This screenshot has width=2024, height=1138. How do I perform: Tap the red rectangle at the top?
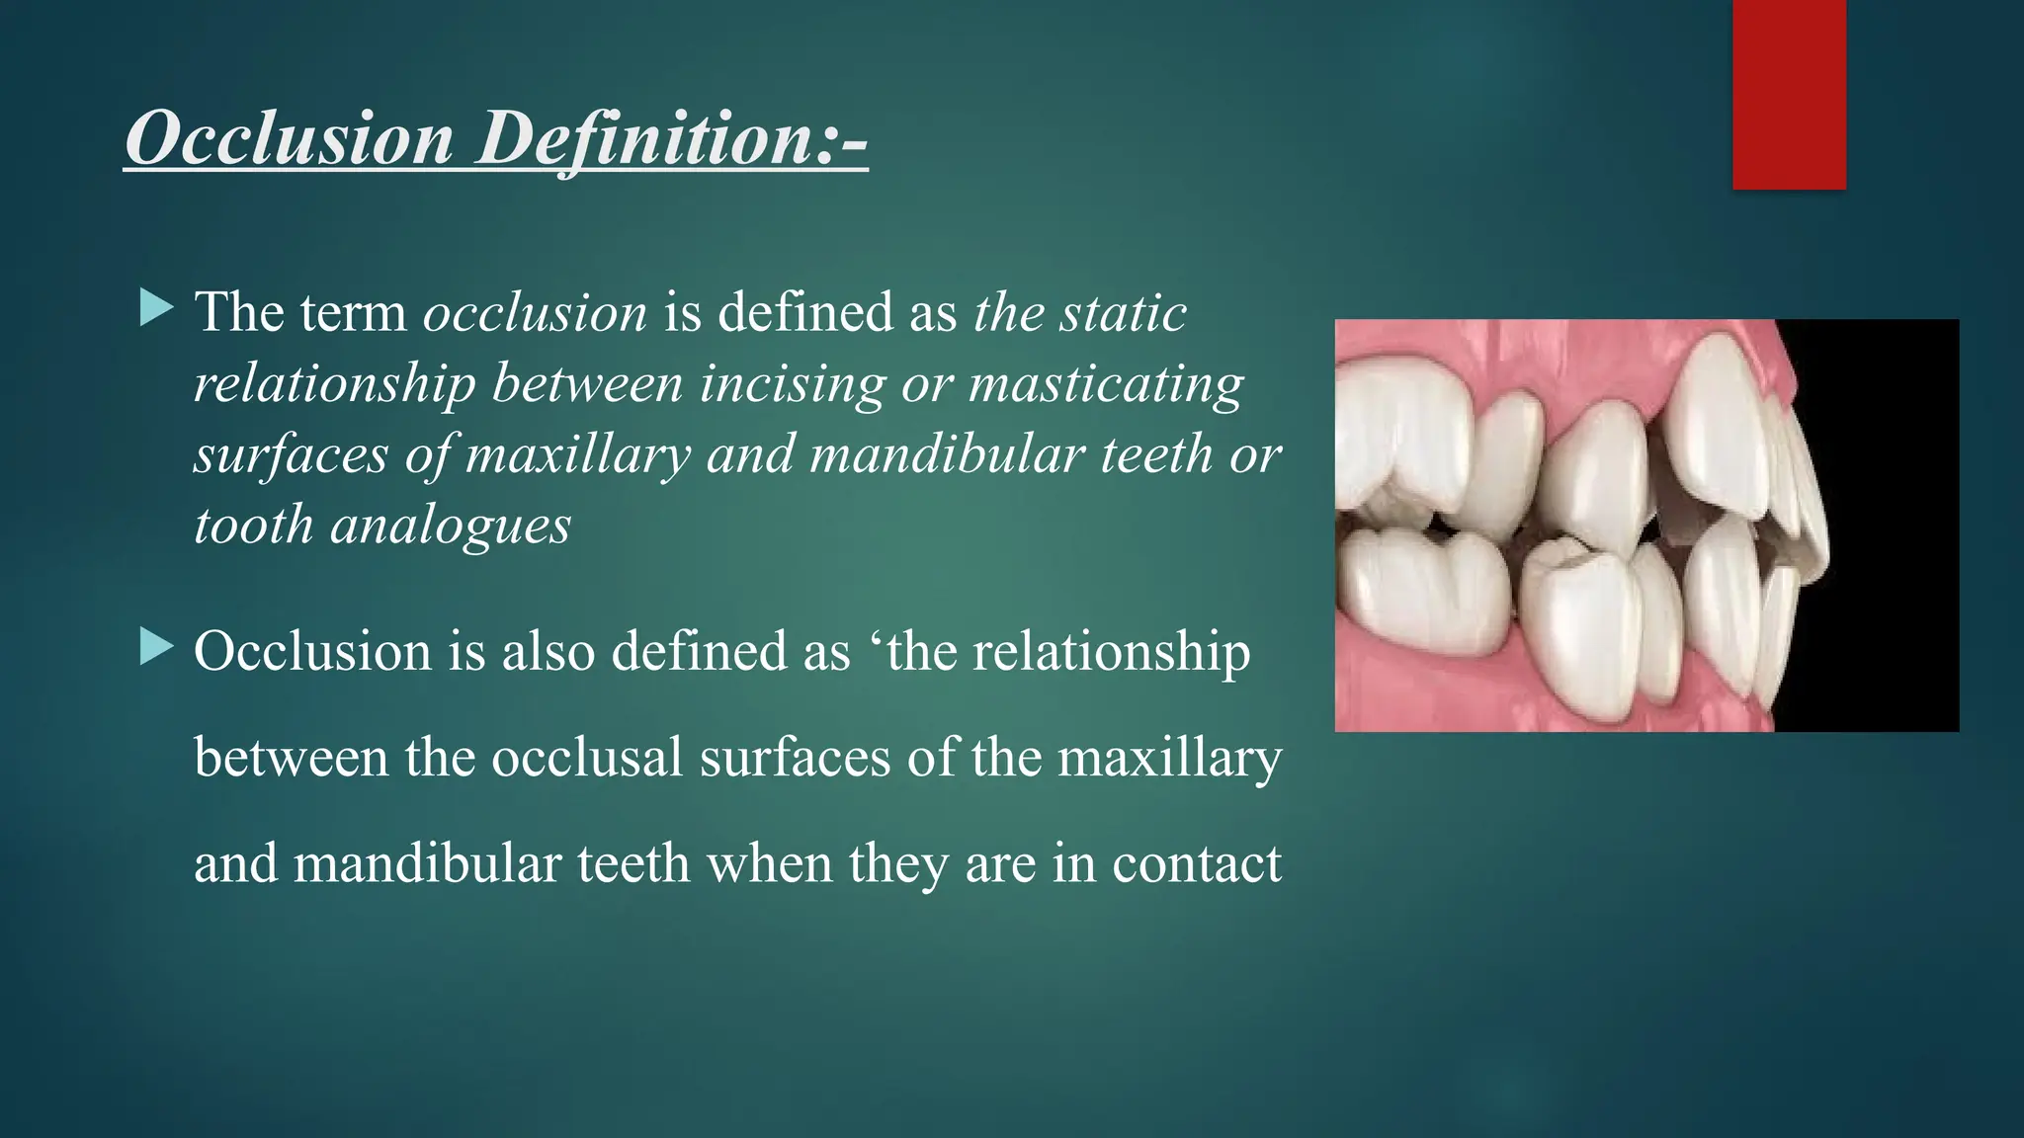point(1789,94)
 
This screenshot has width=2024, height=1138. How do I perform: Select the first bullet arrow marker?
point(156,308)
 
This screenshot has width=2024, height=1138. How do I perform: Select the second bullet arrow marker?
point(156,648)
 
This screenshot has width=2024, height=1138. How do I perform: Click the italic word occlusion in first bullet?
point(535,313)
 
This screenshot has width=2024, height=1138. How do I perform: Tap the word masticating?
point(1106,384)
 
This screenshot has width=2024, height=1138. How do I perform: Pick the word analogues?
point(451,526)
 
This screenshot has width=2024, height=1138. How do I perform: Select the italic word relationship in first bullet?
point(335,384)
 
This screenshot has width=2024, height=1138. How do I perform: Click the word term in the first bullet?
point(353,313)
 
